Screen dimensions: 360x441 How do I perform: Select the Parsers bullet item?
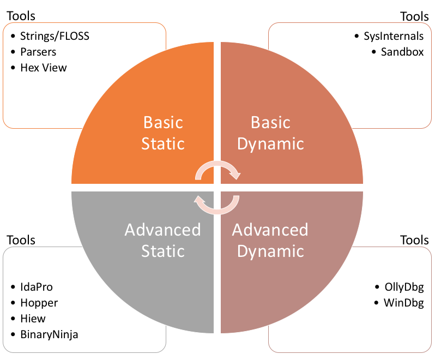coord(38,52)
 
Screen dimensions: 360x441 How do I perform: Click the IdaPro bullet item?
coord(37,287)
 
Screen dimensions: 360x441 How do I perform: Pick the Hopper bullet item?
coord(39,303)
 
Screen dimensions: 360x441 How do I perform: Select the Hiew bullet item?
coord(33,318)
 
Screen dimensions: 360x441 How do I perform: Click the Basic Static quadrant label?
coord(163,133)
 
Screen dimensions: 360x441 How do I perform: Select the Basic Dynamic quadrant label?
coord(270,133)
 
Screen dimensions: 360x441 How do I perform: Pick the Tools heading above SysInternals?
coord(414,16)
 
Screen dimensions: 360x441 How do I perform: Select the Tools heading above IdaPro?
coord(21,240)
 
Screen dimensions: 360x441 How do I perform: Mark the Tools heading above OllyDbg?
coord(414,240)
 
